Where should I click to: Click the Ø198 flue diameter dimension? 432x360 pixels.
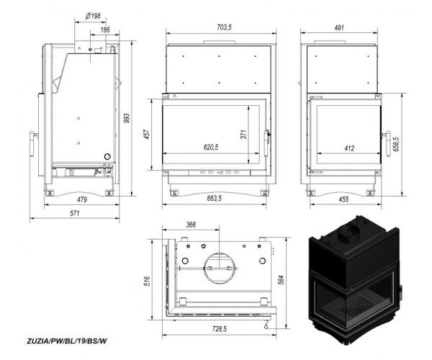pos(93,17)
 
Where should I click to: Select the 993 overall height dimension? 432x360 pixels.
pos(126,118)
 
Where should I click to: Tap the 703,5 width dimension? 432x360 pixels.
pos(224,27)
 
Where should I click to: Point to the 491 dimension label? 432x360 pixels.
pos(339,27)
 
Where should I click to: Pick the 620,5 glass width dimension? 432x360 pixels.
pos(211,148)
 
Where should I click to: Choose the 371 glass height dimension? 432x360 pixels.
pos(244,134)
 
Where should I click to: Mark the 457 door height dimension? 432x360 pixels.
pos(147,134)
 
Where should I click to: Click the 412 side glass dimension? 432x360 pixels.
pos(349,148)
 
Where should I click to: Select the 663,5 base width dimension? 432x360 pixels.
pos(214,198)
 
